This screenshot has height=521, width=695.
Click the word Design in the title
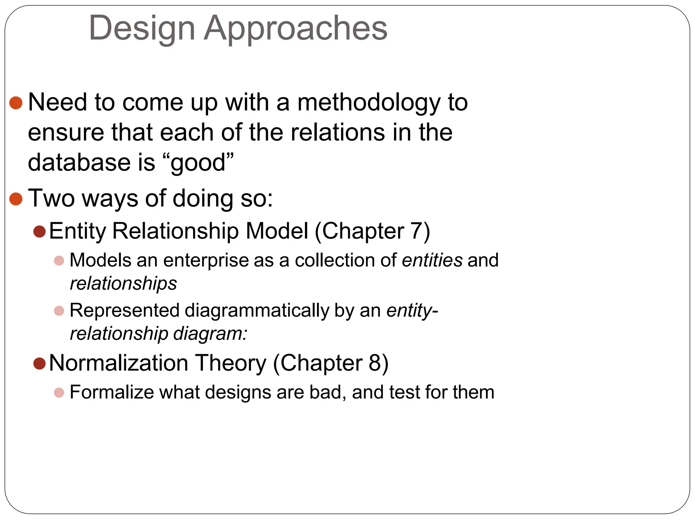[x=142, y=28]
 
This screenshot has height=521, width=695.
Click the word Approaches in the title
[x=295, y=28]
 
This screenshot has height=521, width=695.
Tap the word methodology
[x=369, y=102]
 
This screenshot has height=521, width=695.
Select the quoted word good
[x=198, y=162]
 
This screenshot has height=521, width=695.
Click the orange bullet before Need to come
[x=16, y=102]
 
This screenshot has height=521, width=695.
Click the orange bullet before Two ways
[x=16, y=199]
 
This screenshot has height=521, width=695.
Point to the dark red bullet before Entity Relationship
[x=40, y=232]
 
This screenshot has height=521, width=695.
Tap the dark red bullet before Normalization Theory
[x=40, y=364]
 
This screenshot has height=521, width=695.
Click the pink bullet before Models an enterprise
[x=59, y=261]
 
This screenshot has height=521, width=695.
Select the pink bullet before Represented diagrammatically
[x=59, y=311]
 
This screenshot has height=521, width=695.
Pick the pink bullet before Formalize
[x=59, y=393]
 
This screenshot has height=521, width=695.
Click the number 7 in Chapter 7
[x=416, y=231]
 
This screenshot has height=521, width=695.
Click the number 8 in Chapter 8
[x=375, y=363]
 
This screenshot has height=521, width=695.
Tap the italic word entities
[x=432, y=260]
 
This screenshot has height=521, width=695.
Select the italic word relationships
[x=123, y=284]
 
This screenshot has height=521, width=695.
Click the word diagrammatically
[x=257, y=311]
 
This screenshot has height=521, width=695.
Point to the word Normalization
[x=118, y=363]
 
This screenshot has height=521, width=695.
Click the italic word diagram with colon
[x=210, y=334]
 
